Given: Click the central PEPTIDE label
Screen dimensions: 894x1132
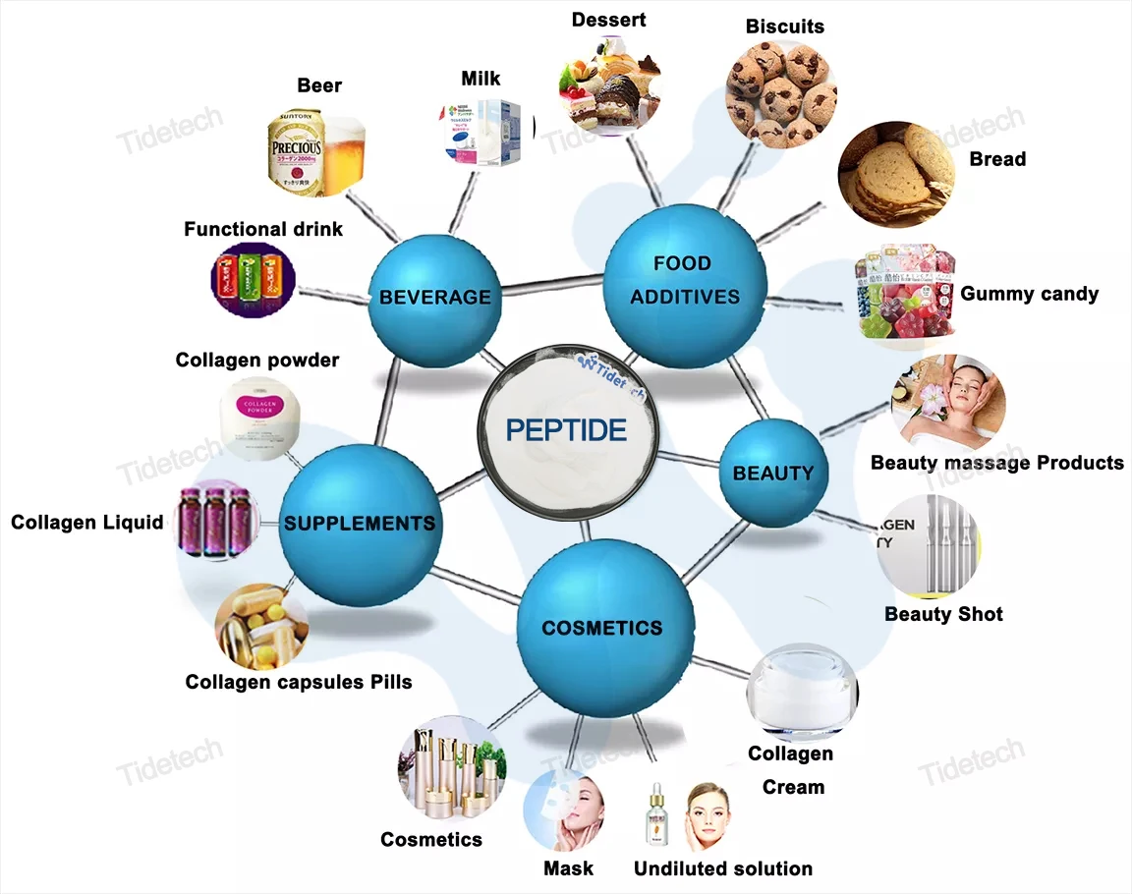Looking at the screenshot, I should (x=565, y=430).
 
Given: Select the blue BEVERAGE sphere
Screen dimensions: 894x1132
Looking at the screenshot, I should (x=433, y=297).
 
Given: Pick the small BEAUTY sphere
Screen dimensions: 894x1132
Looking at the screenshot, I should (x=773, y=473).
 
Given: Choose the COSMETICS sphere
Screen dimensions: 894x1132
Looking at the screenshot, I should (x=602, y=628).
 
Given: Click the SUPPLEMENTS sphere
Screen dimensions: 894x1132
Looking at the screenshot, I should (x=359, y=523).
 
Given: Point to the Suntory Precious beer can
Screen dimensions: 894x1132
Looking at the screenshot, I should (x=295, y=154).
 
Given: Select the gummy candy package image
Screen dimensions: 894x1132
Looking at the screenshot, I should (x=902, y=293).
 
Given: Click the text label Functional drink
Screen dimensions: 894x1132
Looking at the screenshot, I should (x=263, y=229).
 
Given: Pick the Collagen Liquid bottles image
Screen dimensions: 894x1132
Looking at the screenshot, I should (x=214, y=521).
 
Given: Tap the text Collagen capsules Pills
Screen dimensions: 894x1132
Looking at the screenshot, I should (x=299, y=681).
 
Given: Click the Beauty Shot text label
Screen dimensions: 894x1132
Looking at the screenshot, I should (x=943, y=614).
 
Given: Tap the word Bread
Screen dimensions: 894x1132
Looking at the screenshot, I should (x=997, y=159).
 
